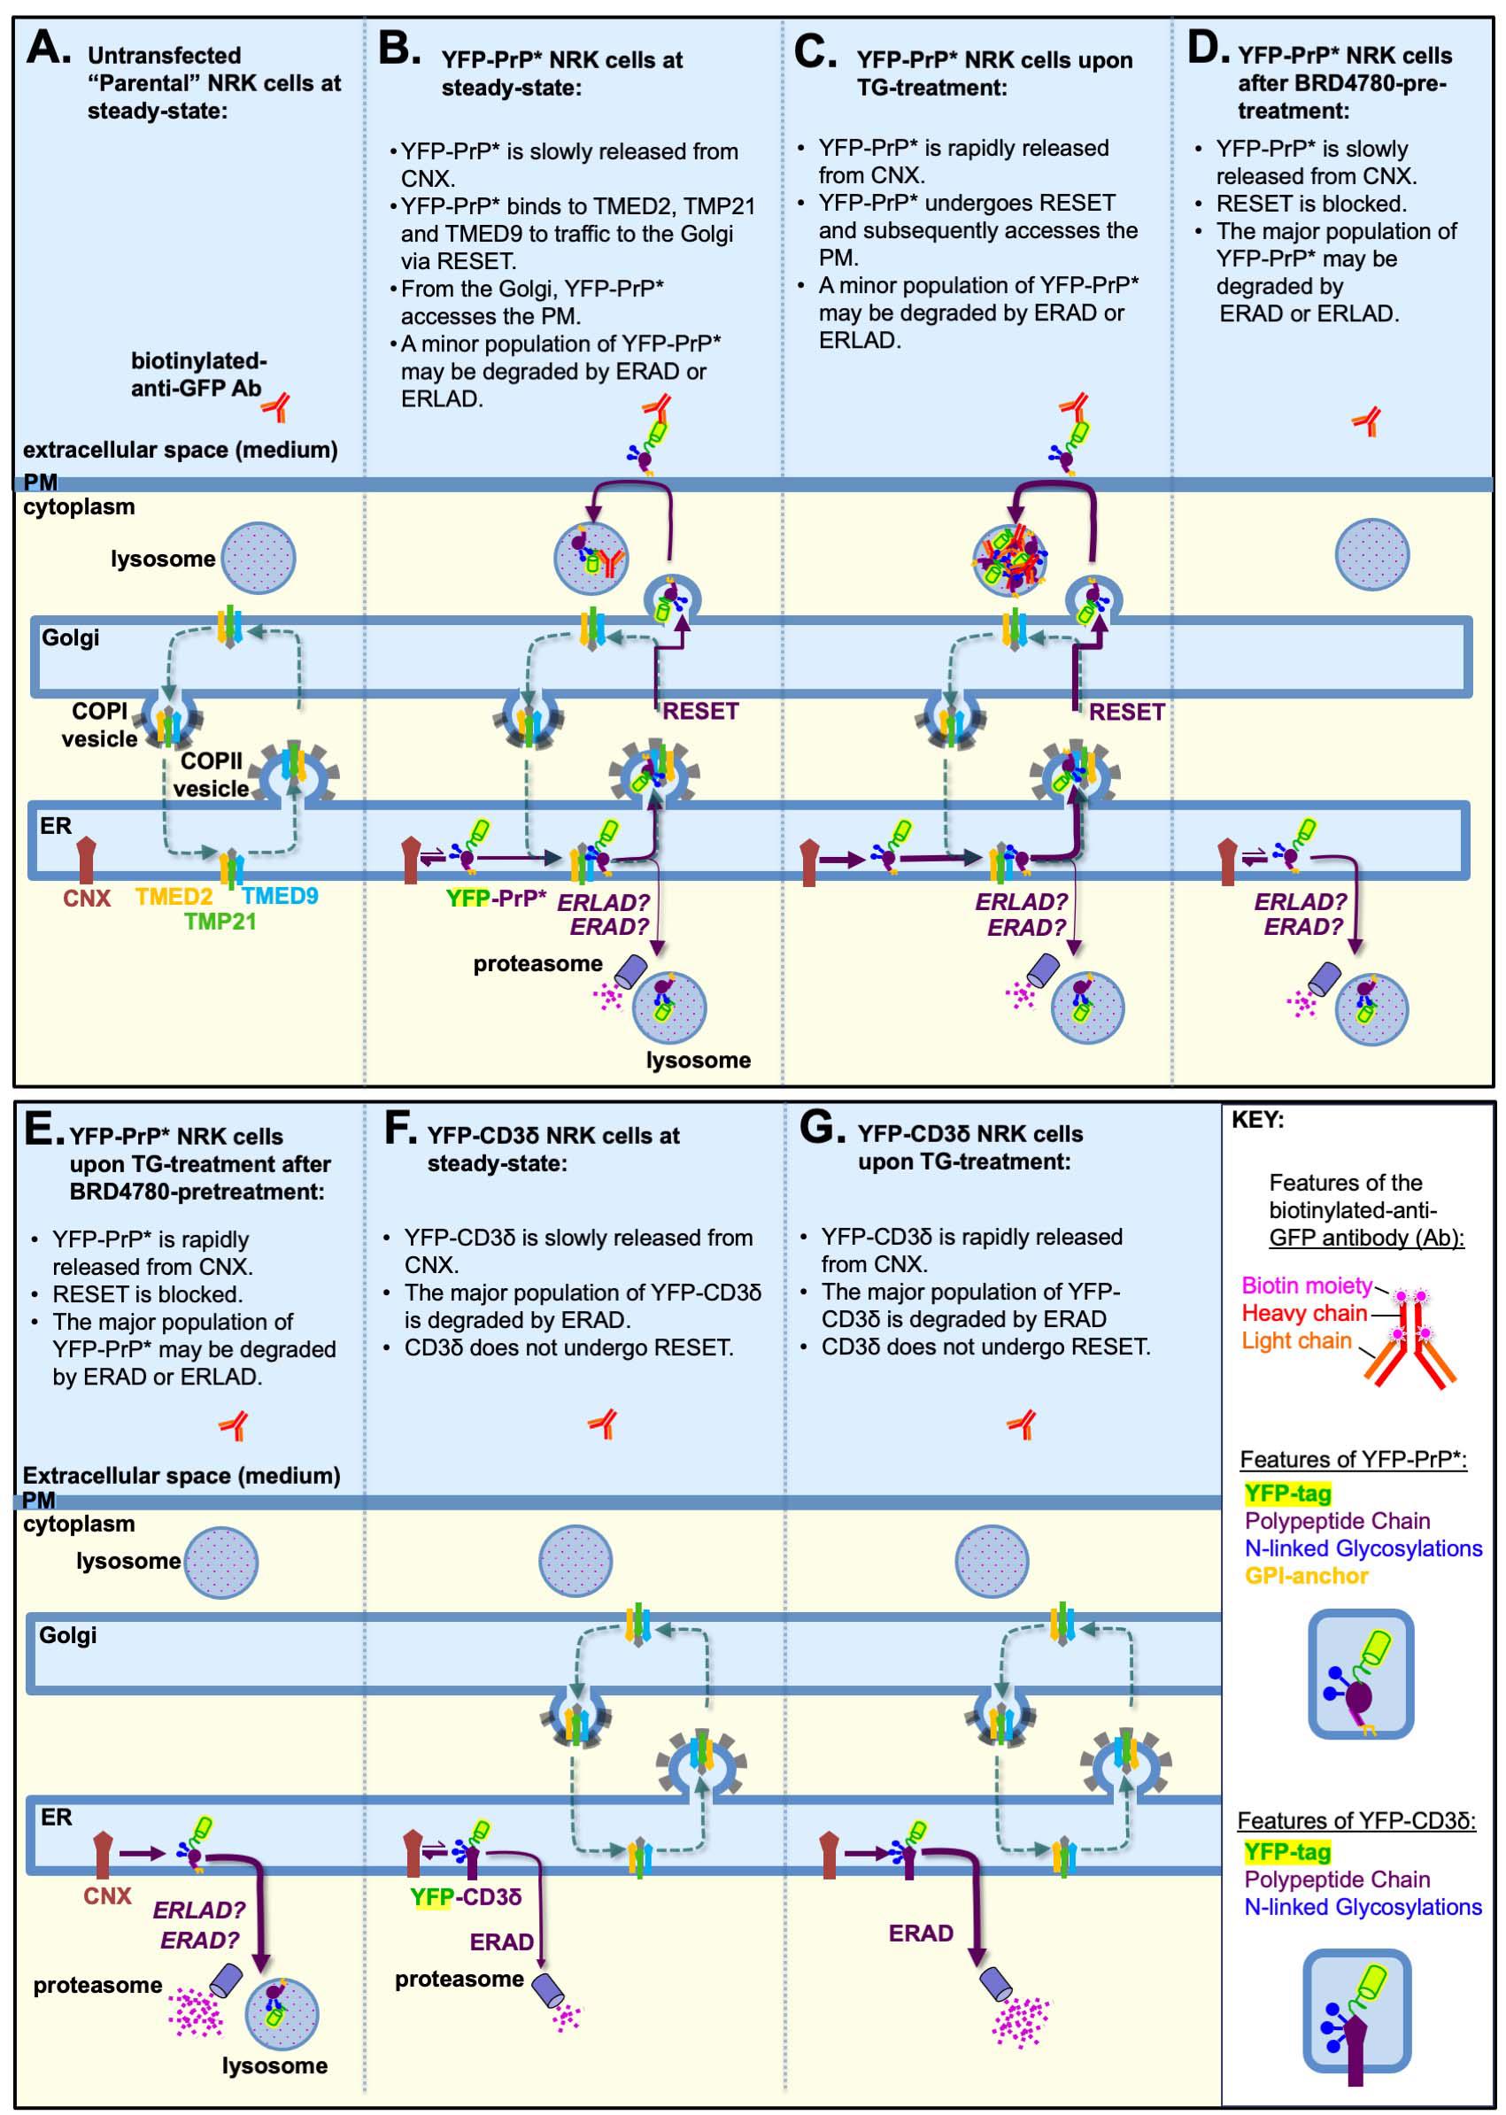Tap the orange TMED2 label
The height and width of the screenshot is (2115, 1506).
coord(174,897)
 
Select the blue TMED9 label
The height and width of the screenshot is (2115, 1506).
coord(280,896)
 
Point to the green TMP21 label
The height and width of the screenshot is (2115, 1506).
coord(220,922)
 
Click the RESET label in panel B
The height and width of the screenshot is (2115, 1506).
coord(700,711)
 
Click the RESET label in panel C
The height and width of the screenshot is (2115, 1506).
coord(1127,712)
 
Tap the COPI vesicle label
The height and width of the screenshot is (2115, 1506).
coord(99,725)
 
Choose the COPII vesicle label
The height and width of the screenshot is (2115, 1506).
coord(212,776)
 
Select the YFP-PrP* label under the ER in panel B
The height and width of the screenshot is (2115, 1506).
coord(496,899)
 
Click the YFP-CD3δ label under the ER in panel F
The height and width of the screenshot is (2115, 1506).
coord(466,1897)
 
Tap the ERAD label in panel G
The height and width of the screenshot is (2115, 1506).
coord(921,1934)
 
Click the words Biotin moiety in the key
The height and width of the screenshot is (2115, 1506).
coord(1306,1286)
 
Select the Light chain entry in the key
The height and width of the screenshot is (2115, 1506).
coord(1296,1340)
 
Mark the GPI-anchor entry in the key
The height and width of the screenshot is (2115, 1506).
coord(1307,1575)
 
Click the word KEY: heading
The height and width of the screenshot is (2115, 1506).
coord(1257,1120)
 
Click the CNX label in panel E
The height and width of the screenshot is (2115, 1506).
coord(108,1896)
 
